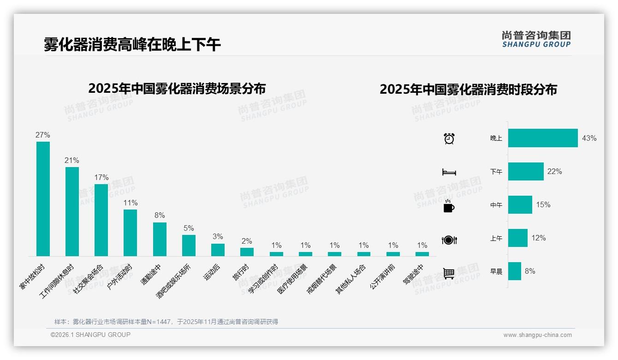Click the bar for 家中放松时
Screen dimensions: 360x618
pyautogui.click(x=43, y=198)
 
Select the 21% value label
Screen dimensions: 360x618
pyautogui.click(x=72, y=161)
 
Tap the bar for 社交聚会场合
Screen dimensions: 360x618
pyautogui.click(x=101, y=220)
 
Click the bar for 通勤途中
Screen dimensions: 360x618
pyautogui.click(x=160, y=239)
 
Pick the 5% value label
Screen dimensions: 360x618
pyautogui.click(x=189, y=228)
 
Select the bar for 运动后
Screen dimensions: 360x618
pyautogui.click(x=218, y=250)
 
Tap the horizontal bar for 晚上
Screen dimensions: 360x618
pyautogui.click(x=543, y=138)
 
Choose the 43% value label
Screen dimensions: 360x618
pyautogui.click(x=589, y=138)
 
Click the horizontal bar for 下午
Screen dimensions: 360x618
pyautogui.click(x=526, y=172)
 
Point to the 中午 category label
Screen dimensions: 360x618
pyautogui.click(x=496, y=205)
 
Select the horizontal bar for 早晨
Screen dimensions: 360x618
pyautogui.click(x=515, y=271)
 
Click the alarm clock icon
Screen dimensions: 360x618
pyautogui.click(x=449, y=138)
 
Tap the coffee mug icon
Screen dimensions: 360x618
pyautogui.click(x=449, y=206)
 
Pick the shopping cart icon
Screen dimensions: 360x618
pyautogui.click(x=449, y=273)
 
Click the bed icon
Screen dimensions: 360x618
pyautogui.click(x=449, y=172)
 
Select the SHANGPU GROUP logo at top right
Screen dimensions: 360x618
pyautogui.click(x=536, y=39)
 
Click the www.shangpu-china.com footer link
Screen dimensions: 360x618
pyautogui.click(x=537, y=335)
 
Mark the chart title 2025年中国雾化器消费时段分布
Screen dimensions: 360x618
pyautogui.click(x=468, y=89)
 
